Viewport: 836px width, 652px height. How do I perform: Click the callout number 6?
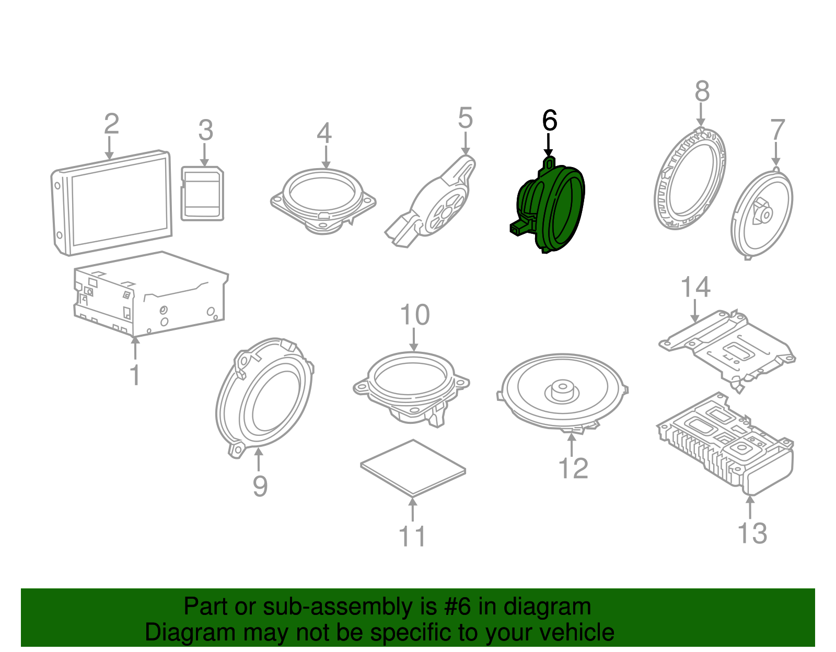coord(549,120)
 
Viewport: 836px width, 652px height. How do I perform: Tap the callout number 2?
coord(112,123)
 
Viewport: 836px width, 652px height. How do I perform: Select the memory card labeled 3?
coord(202,194)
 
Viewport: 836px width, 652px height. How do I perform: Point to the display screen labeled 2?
coord(112,203)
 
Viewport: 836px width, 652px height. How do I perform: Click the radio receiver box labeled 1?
coord(151,294)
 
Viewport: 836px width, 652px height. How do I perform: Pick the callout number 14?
coord(695,287)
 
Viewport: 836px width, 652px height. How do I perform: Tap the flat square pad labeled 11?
coord(413,467)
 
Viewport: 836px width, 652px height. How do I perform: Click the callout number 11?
coord(412,536)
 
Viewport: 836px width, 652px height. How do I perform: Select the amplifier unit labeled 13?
coord(724,445)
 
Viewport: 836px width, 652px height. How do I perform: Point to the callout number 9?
coord(260,485)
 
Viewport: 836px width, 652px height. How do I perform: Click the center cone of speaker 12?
coord(562,391)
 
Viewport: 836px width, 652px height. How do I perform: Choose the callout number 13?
coord(752,534)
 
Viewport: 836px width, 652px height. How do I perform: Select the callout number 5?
coord(465,118)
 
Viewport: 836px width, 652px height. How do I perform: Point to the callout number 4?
coord(324,133)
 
